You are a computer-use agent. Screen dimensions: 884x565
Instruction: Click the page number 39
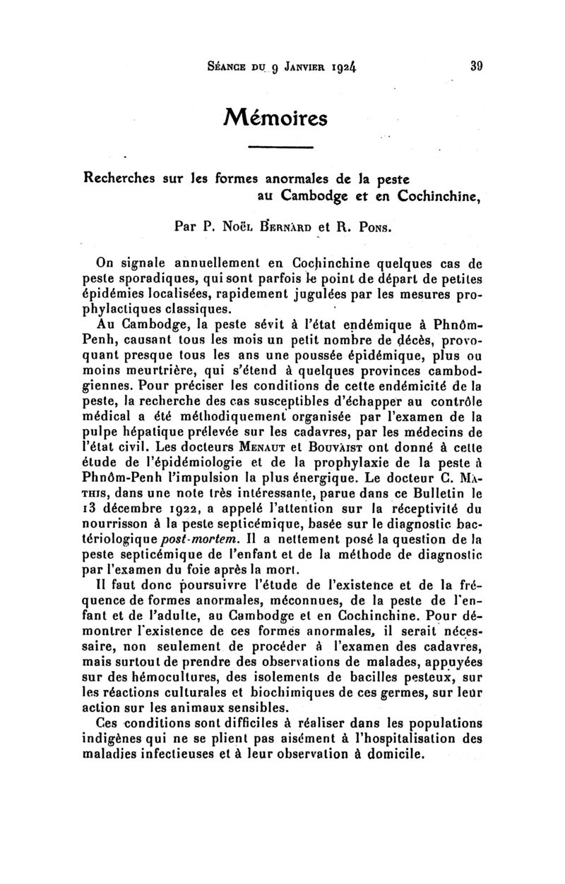pos(472,68)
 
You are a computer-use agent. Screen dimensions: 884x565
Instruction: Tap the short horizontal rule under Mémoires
pos(282,147)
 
